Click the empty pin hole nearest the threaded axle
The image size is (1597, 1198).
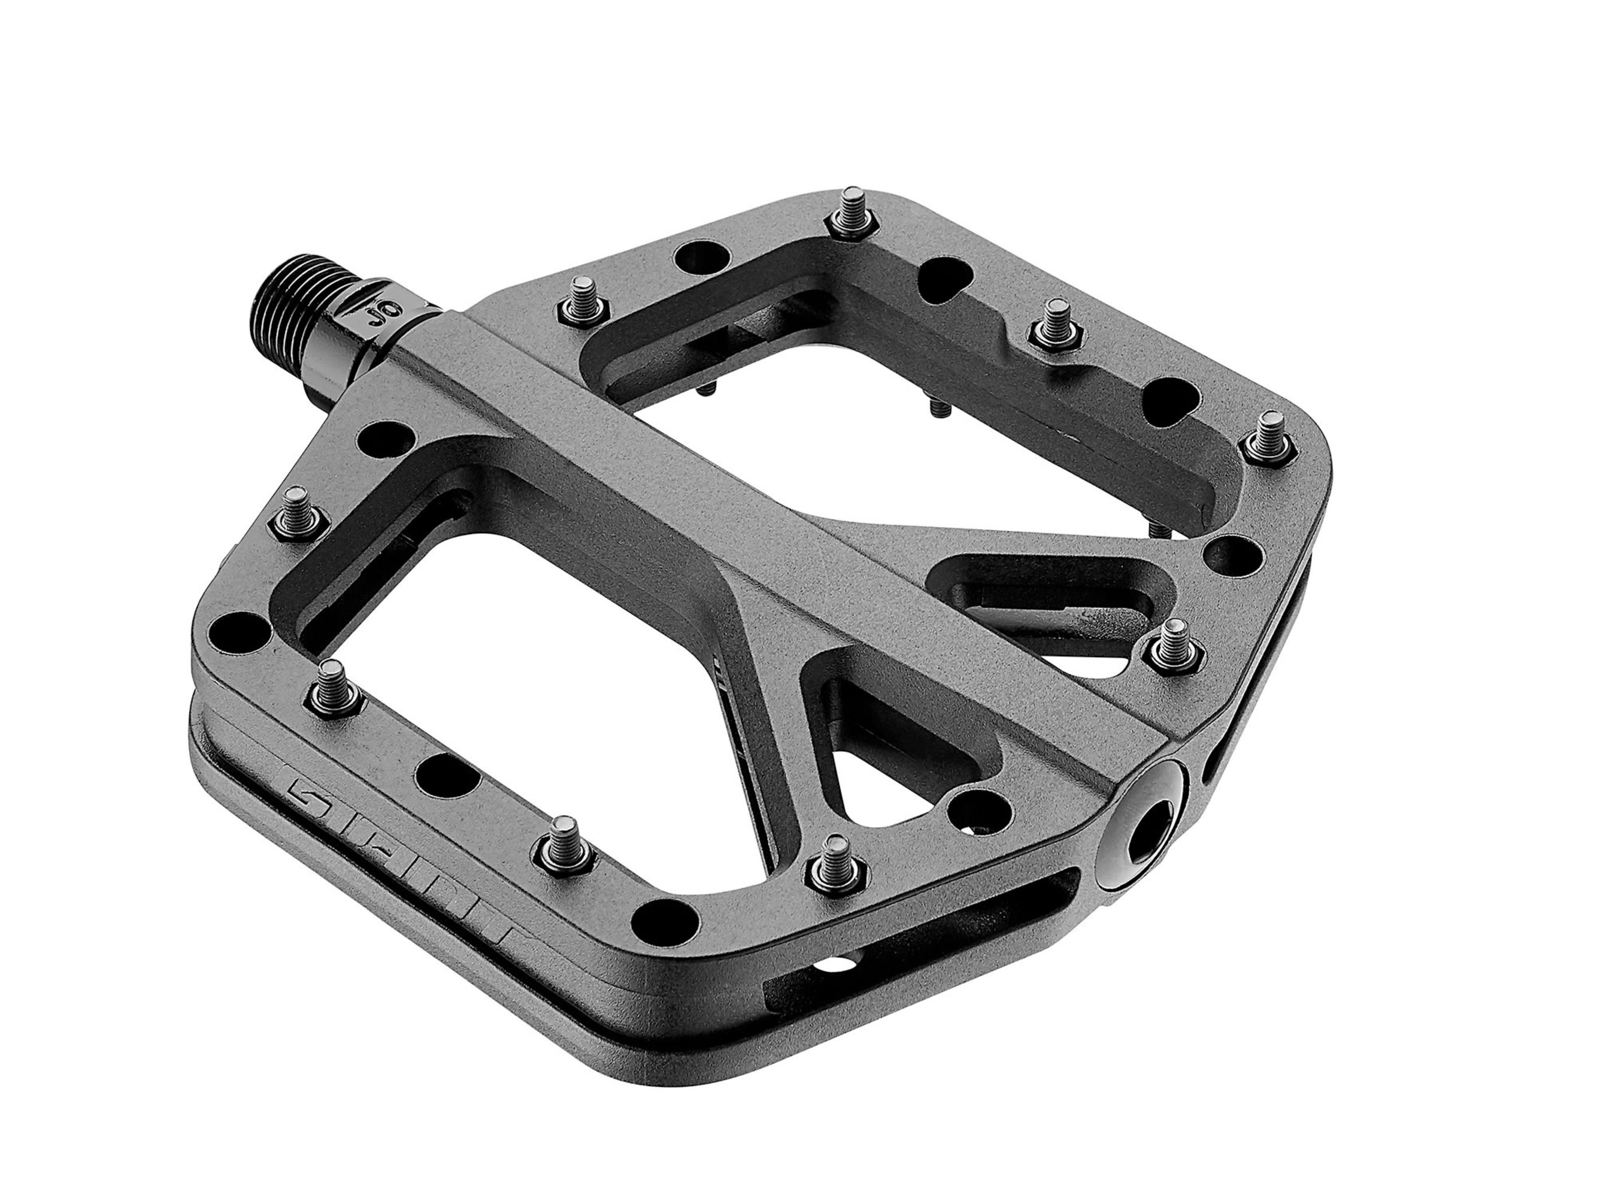(x=387, y=438)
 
